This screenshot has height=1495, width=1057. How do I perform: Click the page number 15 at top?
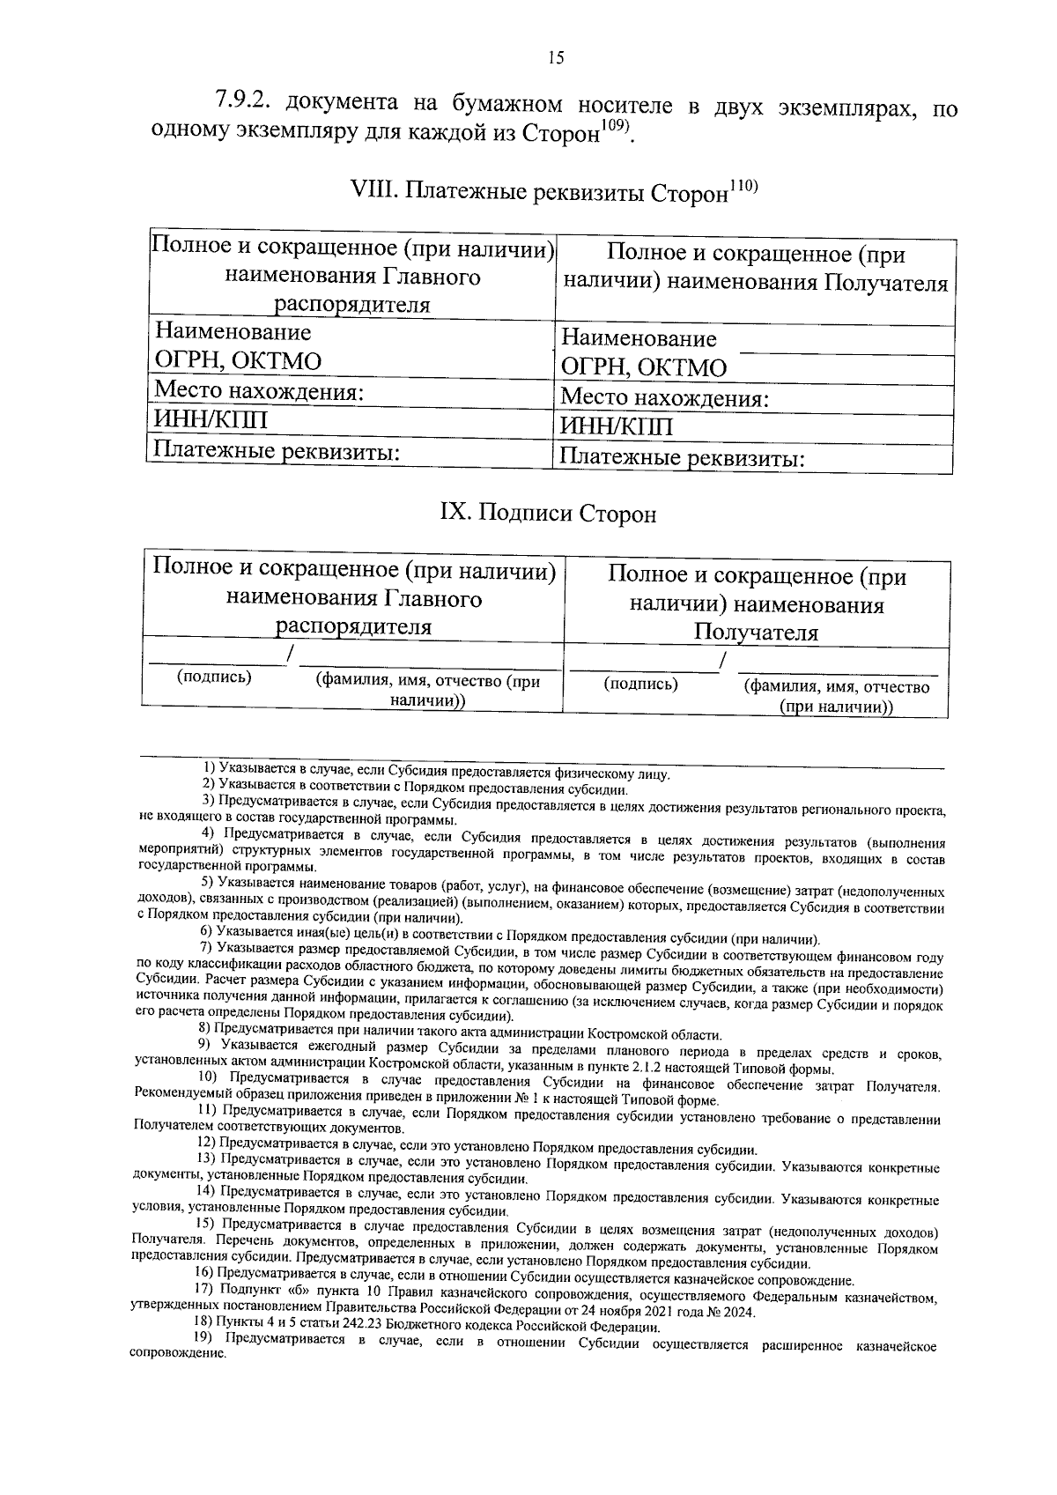(555, 59)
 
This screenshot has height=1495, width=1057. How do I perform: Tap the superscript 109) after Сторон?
(615, 127)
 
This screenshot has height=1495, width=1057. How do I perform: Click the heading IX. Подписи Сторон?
(548, 514)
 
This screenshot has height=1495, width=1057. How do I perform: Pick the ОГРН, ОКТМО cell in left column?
(238, 361)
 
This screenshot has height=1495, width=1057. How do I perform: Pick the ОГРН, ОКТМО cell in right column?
(644, 368)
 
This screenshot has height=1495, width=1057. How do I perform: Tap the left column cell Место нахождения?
(259, 390)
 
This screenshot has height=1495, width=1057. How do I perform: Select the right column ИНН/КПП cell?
(617, 428)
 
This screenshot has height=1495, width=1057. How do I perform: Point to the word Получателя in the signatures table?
(756, 633)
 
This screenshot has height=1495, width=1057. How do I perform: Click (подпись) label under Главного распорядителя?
(214, 677)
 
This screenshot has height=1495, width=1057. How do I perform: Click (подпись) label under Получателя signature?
(640, 685)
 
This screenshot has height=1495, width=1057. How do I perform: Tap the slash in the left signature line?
(290, 654)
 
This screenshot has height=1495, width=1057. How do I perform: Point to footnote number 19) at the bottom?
(205, 1345)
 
